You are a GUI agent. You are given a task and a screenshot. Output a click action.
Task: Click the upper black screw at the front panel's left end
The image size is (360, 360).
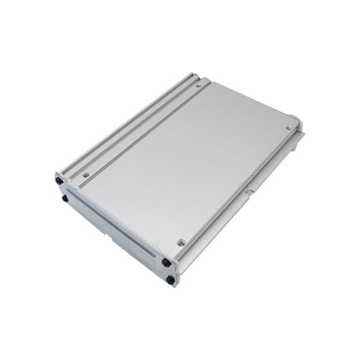pos(60,181)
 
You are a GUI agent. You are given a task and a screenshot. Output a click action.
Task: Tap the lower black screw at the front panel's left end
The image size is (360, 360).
pos(65,199)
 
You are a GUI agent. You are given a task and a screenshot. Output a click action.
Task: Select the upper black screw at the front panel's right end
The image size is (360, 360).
pos(166,262)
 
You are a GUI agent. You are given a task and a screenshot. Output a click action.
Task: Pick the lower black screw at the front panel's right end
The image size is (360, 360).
pos(170,280)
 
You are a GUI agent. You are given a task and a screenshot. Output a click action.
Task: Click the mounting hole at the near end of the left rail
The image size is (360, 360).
pos(85,175)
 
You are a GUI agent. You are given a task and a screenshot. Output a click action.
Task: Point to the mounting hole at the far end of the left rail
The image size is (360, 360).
pos(198,84)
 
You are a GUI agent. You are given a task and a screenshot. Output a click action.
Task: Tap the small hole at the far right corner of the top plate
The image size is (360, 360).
pos(289,127)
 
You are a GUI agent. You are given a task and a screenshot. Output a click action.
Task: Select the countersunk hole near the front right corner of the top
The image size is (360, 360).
pos(181,242)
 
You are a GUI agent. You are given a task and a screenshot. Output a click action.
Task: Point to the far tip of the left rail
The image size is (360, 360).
pos(192,75)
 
